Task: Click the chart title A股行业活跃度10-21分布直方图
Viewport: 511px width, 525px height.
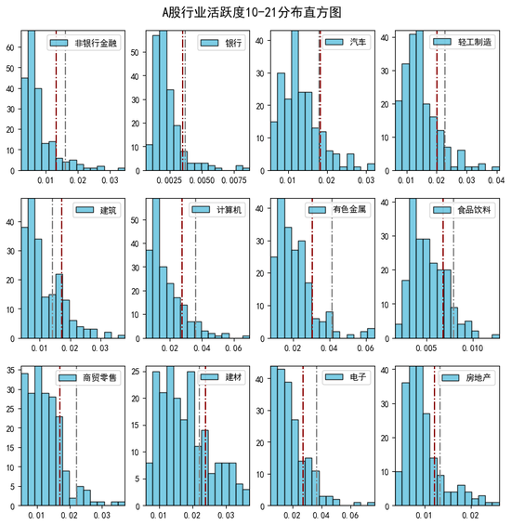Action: coord(252,13)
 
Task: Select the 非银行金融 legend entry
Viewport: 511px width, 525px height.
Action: coord(84,43)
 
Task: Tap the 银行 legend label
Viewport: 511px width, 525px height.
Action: coord(233,43)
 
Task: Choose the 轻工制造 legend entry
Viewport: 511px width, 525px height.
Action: coord(462,42)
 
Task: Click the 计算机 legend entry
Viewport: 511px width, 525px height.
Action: coord(216,210)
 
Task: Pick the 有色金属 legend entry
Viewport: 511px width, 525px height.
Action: coord(337,210)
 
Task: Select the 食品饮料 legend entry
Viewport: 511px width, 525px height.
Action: coord(462,210)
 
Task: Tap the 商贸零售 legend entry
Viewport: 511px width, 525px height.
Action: coord(87,377)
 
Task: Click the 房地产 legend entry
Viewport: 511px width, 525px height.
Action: coord(466,377)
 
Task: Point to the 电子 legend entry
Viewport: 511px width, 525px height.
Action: coord(346,377)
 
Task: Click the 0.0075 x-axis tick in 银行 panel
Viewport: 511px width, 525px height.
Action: coord(234,180)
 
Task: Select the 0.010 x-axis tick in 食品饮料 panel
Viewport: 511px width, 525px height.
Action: coord(472,348)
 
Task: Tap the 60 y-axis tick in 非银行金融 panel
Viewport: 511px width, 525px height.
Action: coord(10,47)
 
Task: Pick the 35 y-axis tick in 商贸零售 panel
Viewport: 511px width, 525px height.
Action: coord(10,371)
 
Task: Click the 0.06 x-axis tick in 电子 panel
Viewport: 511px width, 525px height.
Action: coord(350,516)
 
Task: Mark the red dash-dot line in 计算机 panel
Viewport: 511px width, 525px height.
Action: coord(182,269)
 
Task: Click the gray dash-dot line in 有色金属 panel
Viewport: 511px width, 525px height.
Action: coord(332,269)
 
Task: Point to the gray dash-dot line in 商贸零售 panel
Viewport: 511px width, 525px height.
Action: coord(76,436)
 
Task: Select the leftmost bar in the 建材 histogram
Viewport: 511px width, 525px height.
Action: coord(150,484)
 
